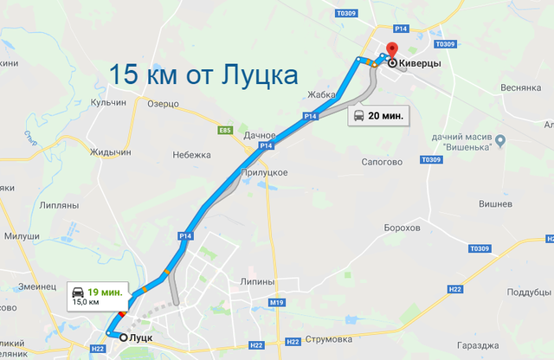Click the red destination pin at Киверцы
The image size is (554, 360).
pos(390,50)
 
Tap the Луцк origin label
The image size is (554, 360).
pos(140,337)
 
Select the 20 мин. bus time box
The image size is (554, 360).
pos(377,115)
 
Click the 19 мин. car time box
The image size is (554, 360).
pos(99,294)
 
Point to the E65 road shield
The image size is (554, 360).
pos(225,130)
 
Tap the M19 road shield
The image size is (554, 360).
pos(277,302)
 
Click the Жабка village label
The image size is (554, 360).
pos(322,95)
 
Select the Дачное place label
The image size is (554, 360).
pos(260,135)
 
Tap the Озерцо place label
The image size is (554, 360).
pos(164,104)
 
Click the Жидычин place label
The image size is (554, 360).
pos(111,152)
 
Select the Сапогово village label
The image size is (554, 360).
pos(381,161)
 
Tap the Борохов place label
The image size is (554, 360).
pos(403,228)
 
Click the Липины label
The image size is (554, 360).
pos(259,282)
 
